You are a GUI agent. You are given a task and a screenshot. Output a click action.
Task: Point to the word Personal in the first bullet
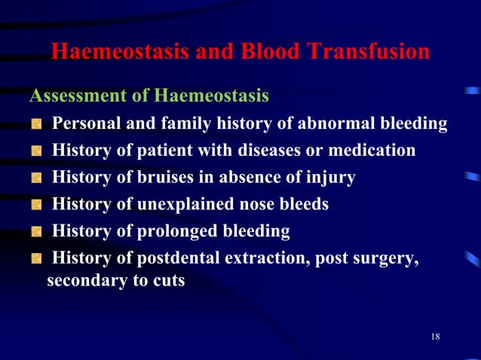pyautogui.click(x=84, y=124)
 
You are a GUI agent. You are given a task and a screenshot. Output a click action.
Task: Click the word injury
pyautogui.click(x=329, y=178)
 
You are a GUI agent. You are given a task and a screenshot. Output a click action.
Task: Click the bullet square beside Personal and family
pyautogui.click(x=35, y=124)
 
